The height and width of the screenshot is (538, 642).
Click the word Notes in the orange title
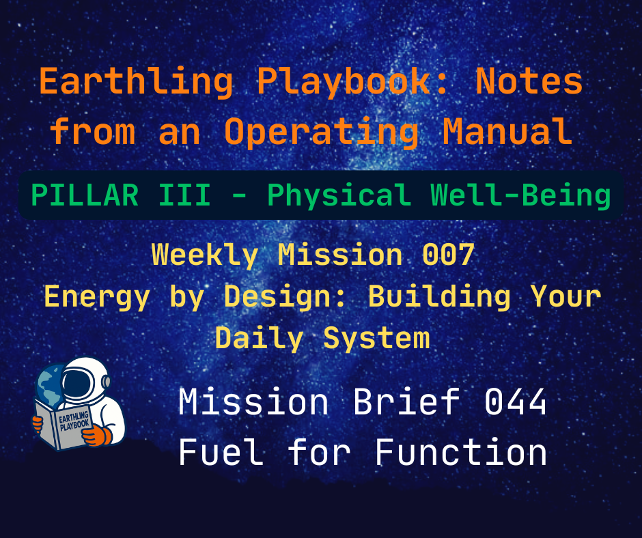tap(529, 83)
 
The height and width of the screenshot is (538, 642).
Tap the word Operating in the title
tap(321, 132)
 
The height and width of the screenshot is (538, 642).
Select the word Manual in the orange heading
tap(507, 132)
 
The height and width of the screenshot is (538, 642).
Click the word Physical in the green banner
tap(338, 196)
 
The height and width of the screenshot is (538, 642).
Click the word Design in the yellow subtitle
tap(299, 297)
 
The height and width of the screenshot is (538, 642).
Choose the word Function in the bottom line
tap(461, 452)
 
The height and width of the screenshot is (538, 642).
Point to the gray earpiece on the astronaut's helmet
tap(104, 391)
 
